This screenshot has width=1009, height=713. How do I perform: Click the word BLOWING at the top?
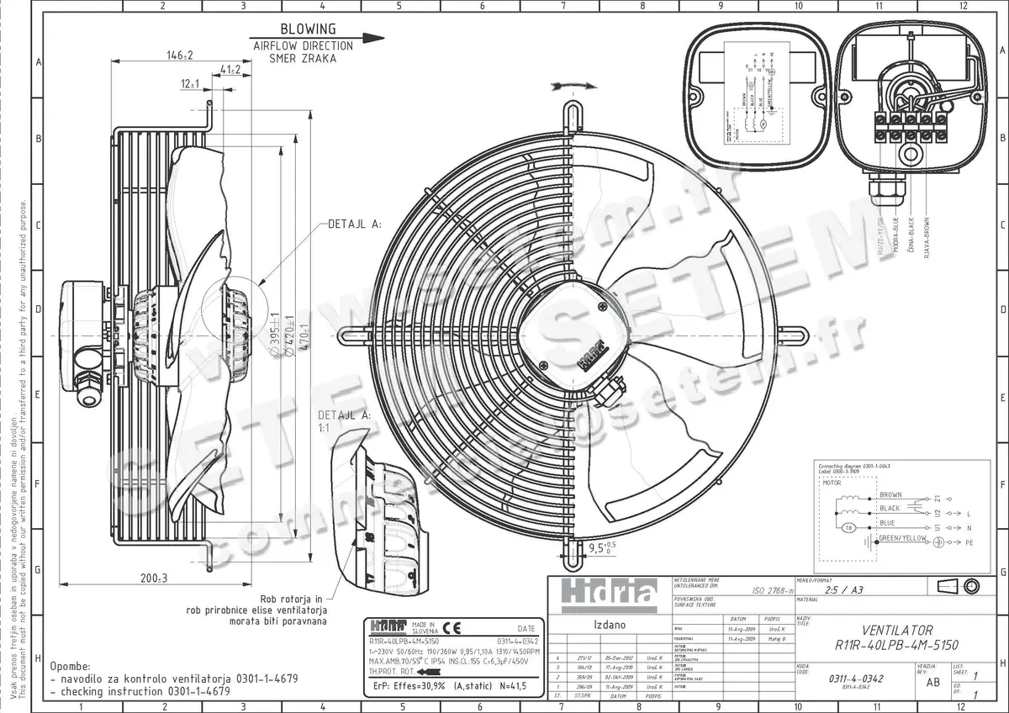[x=307, y=29]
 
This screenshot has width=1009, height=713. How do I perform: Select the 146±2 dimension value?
[x=179, y=55]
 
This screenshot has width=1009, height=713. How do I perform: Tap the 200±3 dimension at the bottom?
[x=155, y=578]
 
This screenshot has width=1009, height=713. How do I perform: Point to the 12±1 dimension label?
[x=189, y=84]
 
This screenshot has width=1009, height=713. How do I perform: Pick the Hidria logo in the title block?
[x=603, y=594]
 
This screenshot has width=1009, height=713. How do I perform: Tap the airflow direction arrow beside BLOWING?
[x=362, y=38]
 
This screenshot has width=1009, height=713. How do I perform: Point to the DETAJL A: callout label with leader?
[x=353, y=225]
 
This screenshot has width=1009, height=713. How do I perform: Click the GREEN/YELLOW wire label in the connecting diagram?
[x=902, y=536]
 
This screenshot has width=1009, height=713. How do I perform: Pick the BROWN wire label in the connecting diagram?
[x=890, y=494]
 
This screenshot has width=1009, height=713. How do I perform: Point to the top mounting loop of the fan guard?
[x=571, y=116]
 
